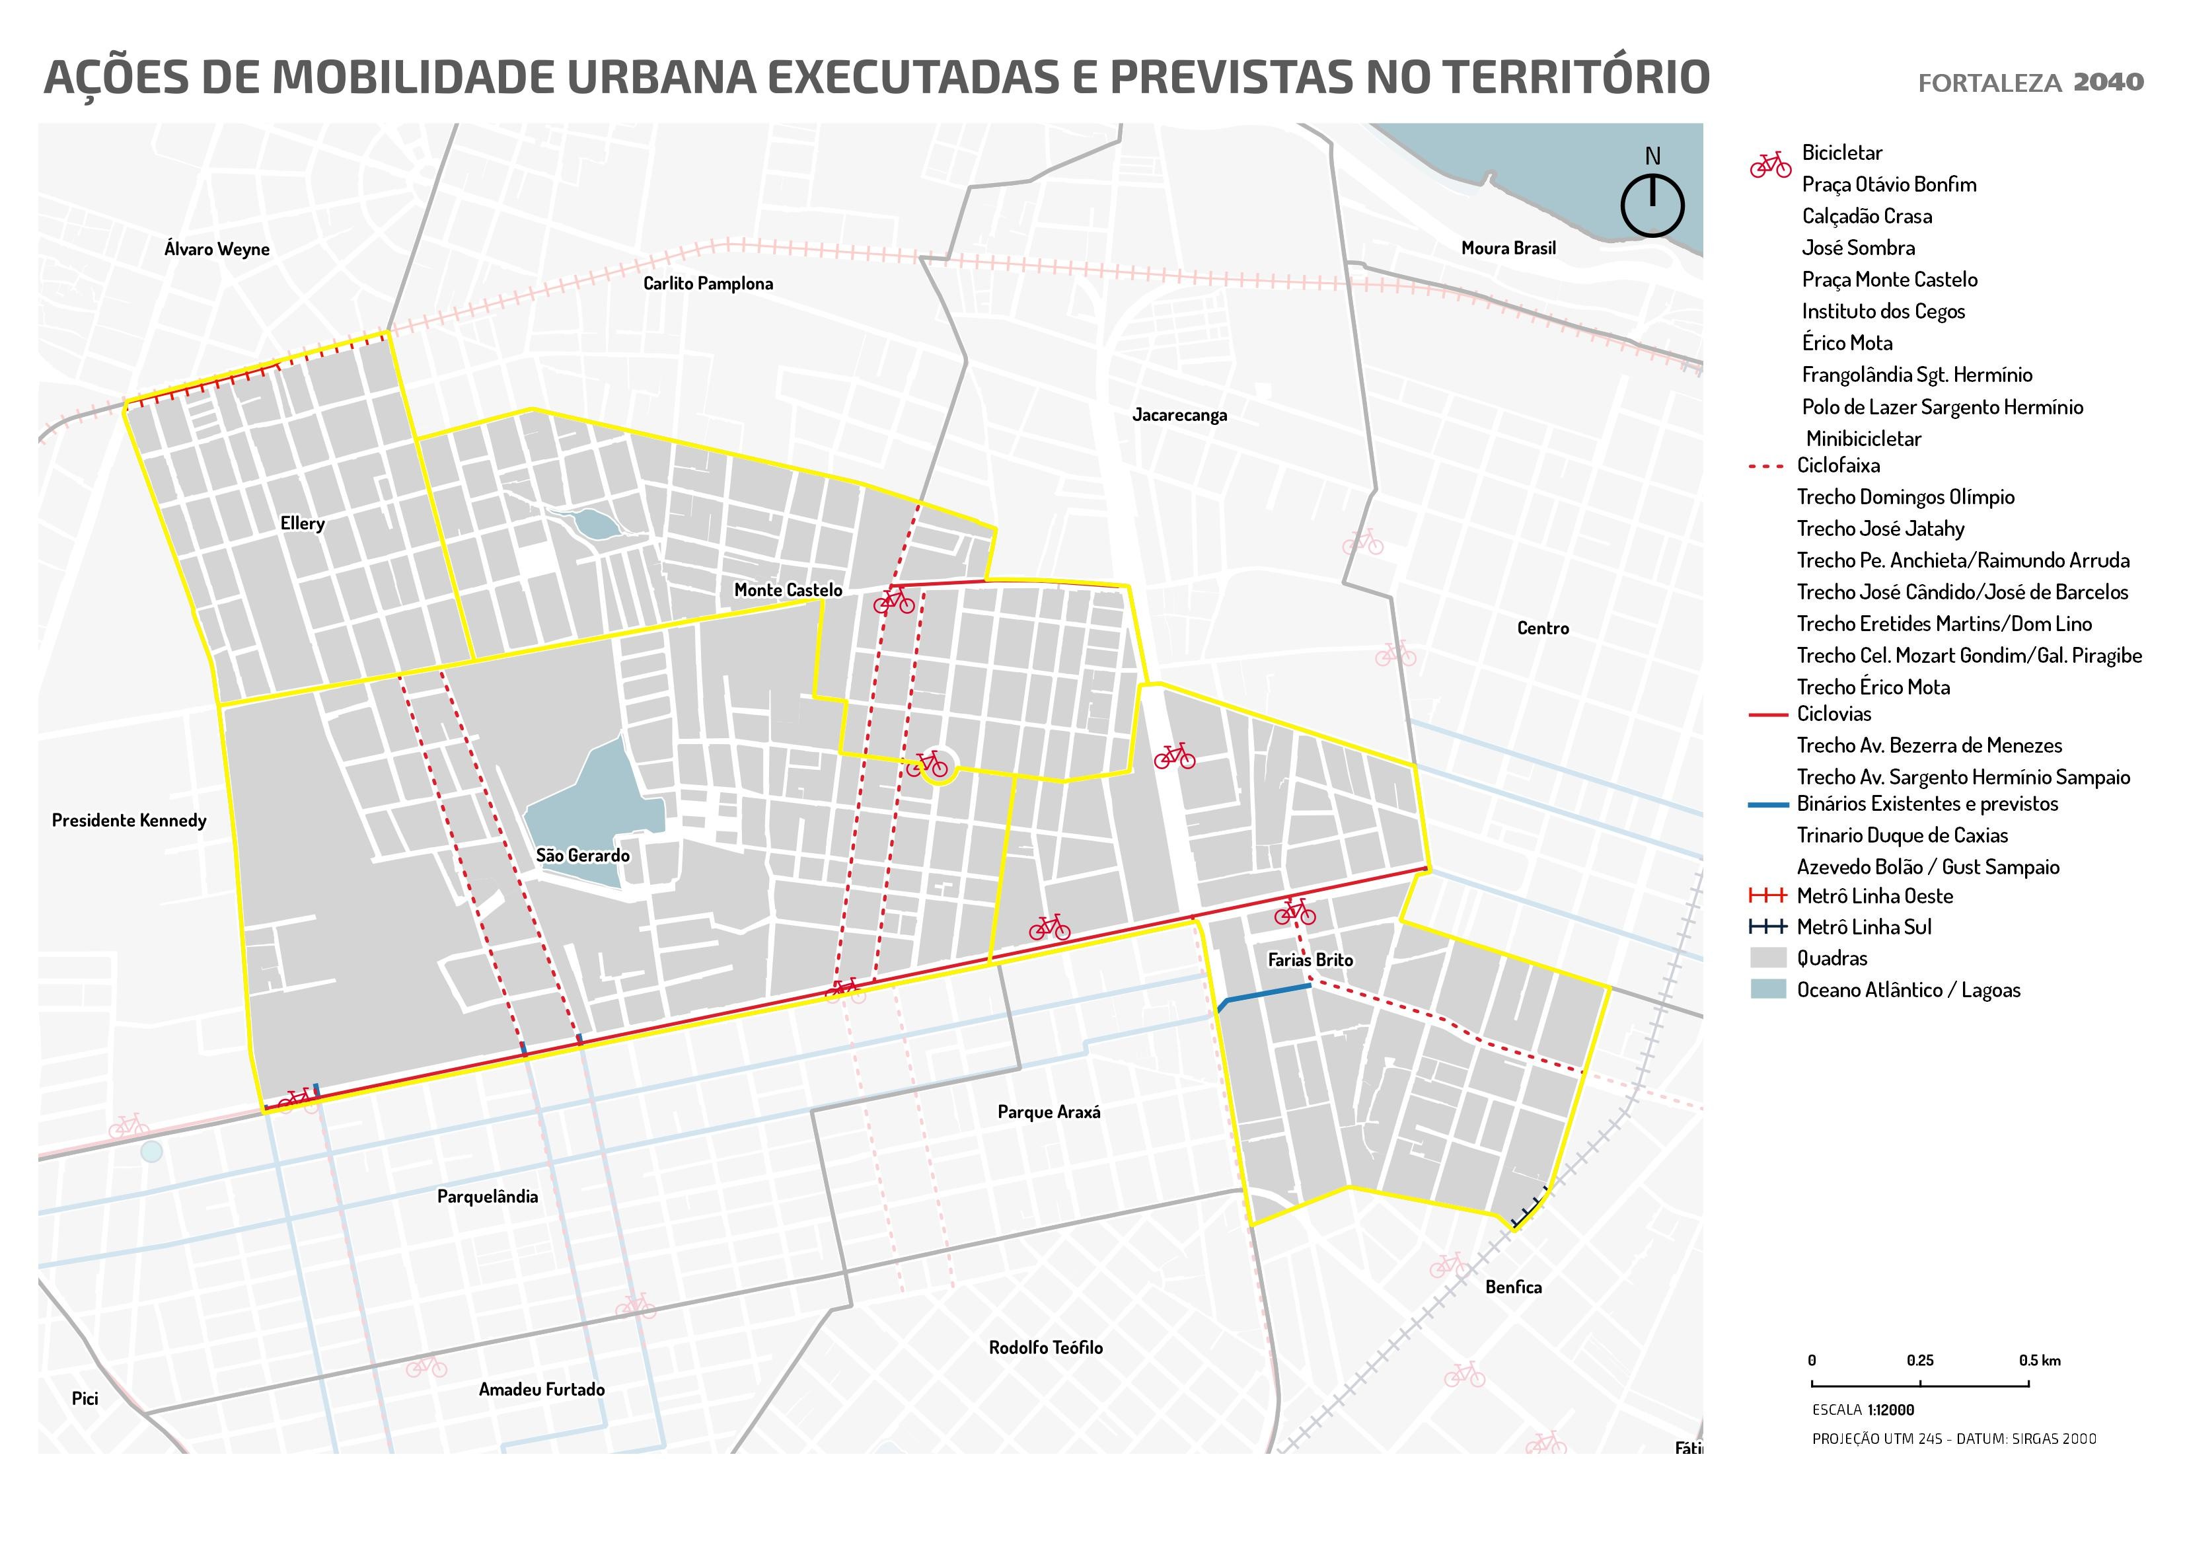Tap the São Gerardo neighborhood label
582,855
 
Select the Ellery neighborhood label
303,523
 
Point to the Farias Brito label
1310,960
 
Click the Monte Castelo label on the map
788,590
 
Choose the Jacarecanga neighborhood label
1179,414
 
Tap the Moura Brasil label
1508,248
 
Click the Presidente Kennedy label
128,819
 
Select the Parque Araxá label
1049,1111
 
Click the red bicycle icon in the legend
1770,165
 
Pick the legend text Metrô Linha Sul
1863,926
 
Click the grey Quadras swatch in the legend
1768,958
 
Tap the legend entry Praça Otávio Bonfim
1888,184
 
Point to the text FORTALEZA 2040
2030,83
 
